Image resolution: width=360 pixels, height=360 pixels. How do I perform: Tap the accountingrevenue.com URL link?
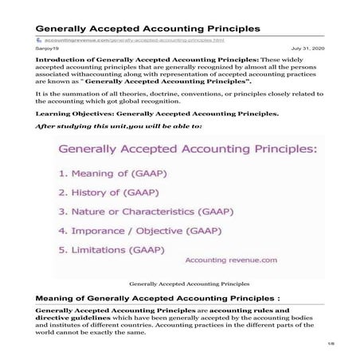pyautogui.click(x=136, y=40)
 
